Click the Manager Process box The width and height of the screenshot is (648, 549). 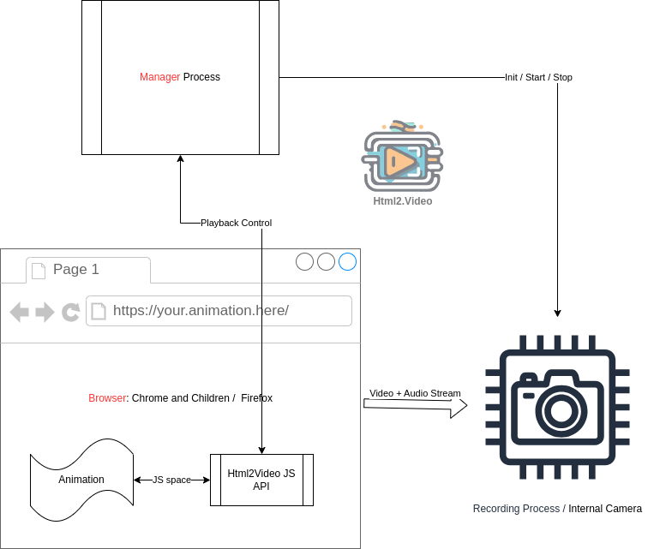point(180,77)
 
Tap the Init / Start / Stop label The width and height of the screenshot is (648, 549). point(538,77)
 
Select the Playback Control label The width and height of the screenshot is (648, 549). point(236,223)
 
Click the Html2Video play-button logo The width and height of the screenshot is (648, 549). point(402,159)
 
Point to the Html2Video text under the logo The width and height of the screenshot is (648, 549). point(403,201)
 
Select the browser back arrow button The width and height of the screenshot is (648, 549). point(20,312)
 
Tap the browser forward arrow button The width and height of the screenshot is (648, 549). point(45,312)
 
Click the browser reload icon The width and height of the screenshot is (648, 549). point(71,312)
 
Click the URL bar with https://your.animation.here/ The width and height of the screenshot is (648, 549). point(219,311)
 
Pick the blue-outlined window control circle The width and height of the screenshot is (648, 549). point(347,262)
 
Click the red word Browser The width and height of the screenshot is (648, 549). point(107,398)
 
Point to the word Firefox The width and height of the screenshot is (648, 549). point(256,398)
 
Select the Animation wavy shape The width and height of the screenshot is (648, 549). point(81,480)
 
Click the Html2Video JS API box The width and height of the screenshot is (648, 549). point(261,480)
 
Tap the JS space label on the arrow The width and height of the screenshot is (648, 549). point(171,480)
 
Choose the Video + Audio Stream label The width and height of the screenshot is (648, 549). point(415,394)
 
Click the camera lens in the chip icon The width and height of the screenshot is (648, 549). point(561,409)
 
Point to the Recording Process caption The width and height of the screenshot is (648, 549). point(519,509)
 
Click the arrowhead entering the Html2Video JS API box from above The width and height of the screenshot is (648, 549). point(261,450)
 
